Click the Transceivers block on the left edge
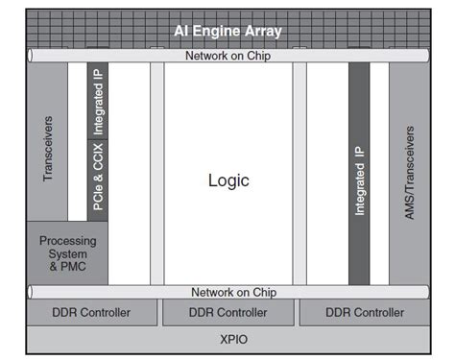point(48,149)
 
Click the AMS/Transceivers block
point(410,173)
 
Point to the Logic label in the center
point(228,180)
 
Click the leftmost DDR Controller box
point(92,313)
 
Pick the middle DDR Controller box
point(228,313)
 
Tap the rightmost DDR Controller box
point(365,313)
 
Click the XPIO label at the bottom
point(228,340)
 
